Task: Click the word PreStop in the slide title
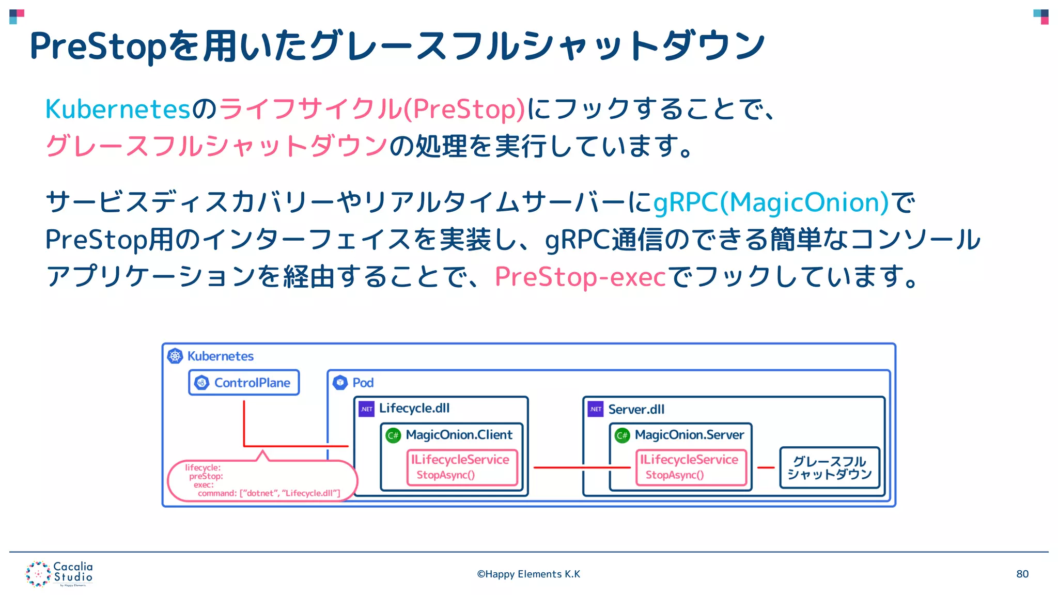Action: coord(98,46)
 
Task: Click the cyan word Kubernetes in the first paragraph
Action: coord(118,109)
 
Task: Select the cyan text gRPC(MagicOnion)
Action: coord(771,202)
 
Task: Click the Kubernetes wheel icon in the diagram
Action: coord(175,356)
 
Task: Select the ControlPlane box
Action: coord(244,383)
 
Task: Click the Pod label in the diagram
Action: coord(363,383)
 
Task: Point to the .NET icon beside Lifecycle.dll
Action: coord(367,409)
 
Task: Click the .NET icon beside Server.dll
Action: coord(596,409)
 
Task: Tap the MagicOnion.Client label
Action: coord(459,435)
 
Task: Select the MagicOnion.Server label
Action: coord(689,435)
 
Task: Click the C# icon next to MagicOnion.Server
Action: coord(622,435)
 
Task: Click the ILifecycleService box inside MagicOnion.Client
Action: coord(462,467)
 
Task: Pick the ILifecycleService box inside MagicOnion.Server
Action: coord(691,467)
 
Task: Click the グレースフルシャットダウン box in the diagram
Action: coord(829,467)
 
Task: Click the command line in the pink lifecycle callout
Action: coord(269,493)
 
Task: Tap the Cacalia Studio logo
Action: coord(59,574)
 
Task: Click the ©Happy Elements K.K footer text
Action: coord(528,574)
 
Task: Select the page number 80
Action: coord(1022,574)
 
